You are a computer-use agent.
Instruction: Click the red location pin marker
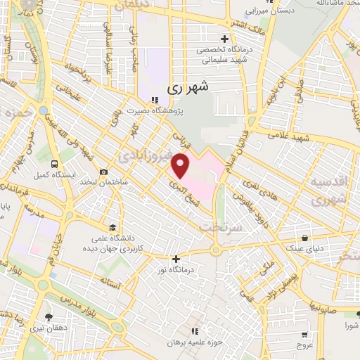(181, 167)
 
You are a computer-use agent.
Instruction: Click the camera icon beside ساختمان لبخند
(104, 172)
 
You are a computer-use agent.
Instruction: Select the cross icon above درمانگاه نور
(176, 259)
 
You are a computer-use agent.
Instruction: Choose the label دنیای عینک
(304, 248)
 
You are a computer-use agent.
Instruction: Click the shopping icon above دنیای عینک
(304, 238)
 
